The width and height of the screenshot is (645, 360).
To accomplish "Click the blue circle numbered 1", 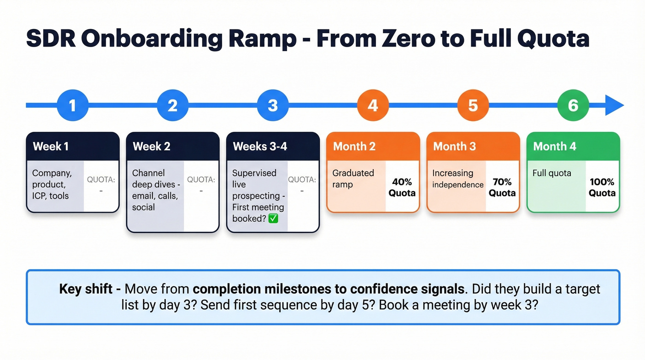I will pos(72,106).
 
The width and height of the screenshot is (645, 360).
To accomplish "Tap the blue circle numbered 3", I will pos(273,106).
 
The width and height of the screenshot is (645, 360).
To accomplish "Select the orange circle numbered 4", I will pos(373,106).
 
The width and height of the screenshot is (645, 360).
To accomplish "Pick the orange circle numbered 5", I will pos(473,106).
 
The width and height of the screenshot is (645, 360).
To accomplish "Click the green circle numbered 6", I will pos(573,106).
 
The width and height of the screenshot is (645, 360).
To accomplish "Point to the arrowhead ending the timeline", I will pos(614,106).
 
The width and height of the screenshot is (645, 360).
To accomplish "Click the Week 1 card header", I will pos(72,147).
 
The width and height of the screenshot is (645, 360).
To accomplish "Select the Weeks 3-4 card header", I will pos(273,147).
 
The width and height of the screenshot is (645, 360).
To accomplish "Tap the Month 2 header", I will pos(373,147).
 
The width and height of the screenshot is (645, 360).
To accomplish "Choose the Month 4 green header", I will pos(573,147).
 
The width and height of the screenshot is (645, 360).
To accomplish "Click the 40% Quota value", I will pos(402,187).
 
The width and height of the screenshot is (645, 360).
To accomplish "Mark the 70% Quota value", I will pos(502,187).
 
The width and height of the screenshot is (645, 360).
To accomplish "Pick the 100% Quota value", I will pos(602,187).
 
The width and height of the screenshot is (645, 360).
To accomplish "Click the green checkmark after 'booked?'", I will pos(273,218).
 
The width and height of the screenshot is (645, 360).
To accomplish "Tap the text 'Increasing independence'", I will pos(457,179).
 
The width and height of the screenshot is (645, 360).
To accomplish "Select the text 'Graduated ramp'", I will pos(353,179).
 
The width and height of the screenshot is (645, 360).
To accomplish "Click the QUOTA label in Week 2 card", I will pos(201,179).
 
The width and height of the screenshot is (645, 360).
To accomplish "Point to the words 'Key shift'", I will pos(86,289).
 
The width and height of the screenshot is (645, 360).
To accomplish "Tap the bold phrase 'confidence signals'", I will pos(407,289).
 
